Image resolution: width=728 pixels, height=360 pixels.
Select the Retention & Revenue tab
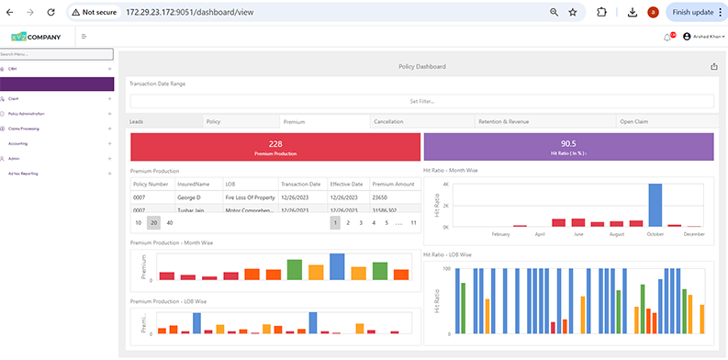click(505, 121)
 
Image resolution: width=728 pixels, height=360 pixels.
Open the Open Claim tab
click(635, 121)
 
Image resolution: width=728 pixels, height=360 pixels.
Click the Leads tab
click(137, 121)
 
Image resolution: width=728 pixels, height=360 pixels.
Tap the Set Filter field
click(421, 101)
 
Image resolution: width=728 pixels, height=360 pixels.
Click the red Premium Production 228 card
click(274, 147)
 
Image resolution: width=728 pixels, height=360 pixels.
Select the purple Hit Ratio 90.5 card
click(568, 147)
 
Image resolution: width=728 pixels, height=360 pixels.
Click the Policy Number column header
click(151, 184)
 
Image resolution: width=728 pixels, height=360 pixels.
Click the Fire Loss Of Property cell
click(249, 197)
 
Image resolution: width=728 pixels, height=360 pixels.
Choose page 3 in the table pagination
click(361, 222)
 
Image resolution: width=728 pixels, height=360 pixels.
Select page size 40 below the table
click(170, 222)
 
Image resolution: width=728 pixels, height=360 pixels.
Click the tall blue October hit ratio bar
click(655, 204)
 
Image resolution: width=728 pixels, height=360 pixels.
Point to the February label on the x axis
click(500, 235)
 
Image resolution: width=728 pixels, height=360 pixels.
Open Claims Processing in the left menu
click(25, 129)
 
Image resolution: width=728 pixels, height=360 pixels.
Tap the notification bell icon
click(666, 37)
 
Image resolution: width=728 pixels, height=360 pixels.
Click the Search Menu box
click(56, 54)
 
